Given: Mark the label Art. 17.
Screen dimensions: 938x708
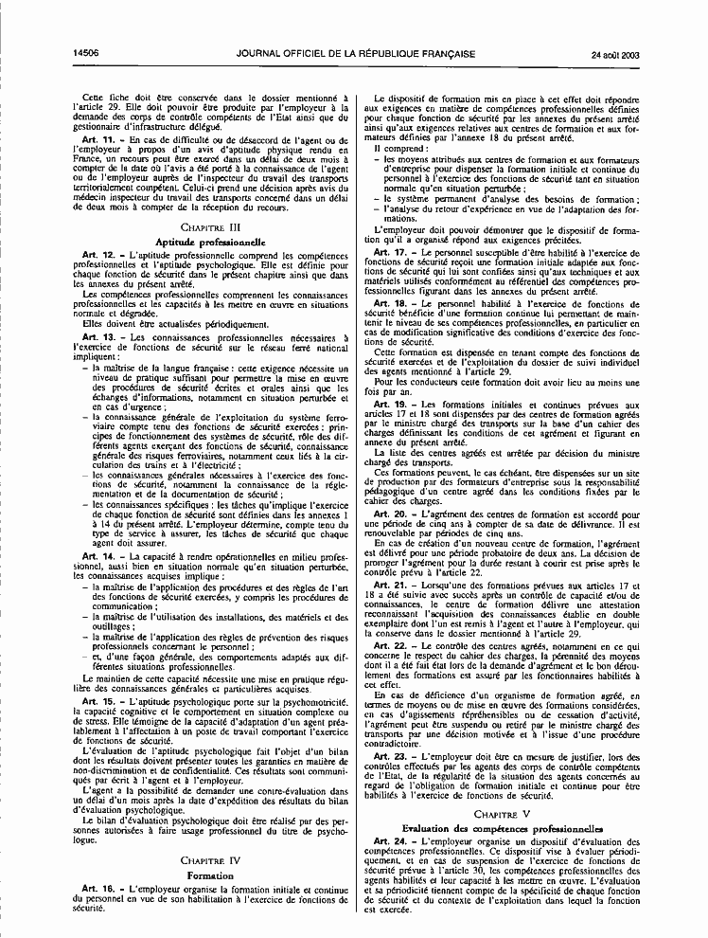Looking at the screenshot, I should (392, 252).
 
